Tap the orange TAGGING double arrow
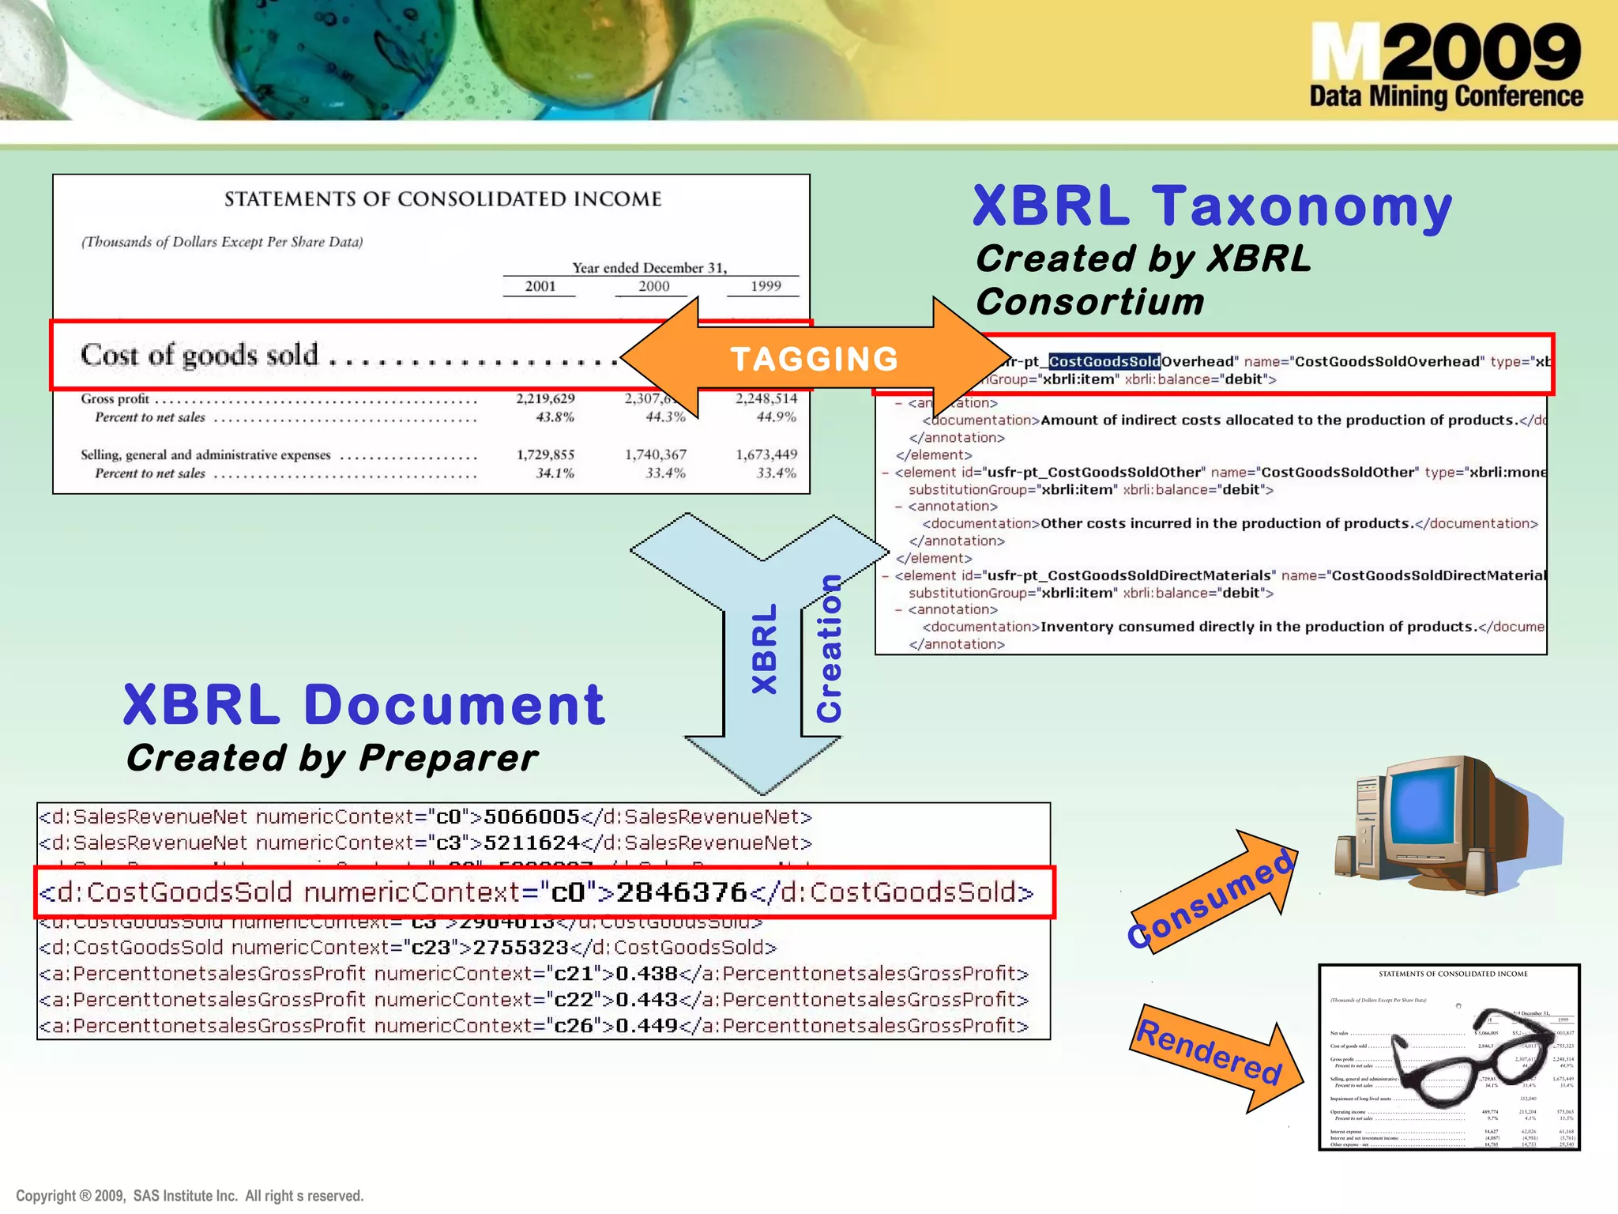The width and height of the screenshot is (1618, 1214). [x=814, y=359]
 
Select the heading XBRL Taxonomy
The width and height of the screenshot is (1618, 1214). [x=1212, y=206]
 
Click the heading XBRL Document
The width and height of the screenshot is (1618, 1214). [x=364, y=704]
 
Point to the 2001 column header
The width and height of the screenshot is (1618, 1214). [x=540, y=286]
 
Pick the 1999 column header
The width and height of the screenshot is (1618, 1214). [x=765, y=286]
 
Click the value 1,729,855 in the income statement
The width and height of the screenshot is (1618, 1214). [x=545, y=454]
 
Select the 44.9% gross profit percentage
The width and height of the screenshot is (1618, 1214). [x=776, y=417]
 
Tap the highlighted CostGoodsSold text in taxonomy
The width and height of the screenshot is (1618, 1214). [x=1104, y=362]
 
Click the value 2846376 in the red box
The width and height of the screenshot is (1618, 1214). [x=681, y=892]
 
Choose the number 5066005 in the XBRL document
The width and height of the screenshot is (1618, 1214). [x=531, y=816]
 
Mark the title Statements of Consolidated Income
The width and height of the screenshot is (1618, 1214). [x=442, y=199]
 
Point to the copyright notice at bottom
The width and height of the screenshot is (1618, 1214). [x=190, y=1196]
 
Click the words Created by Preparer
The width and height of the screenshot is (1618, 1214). [x=332, y=758]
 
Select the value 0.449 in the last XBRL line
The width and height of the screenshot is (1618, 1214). [x=646, y=1026]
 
